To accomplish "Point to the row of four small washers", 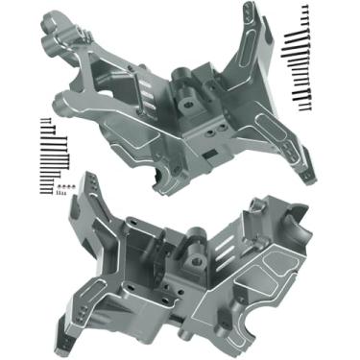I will pos(62,182).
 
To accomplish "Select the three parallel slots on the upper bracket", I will pos(144,92).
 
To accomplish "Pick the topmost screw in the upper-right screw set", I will pos(305,9).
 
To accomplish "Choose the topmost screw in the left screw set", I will pos(44,119).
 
